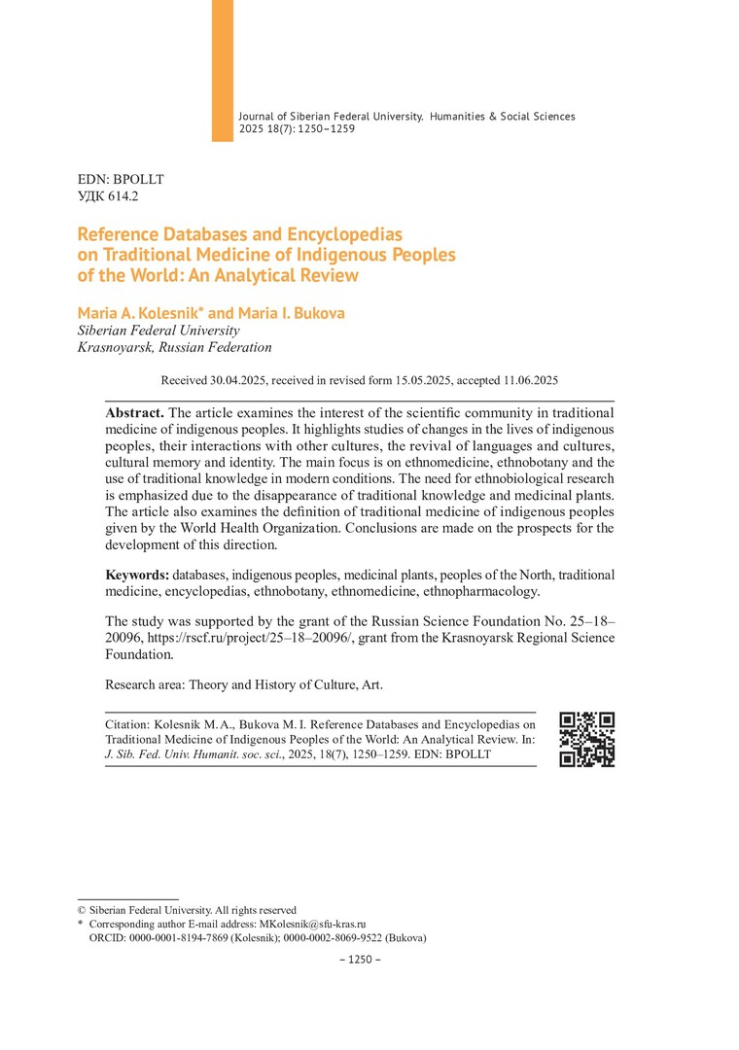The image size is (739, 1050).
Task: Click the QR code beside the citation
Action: tap(588, 740)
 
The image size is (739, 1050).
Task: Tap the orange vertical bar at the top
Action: tap(223, 70)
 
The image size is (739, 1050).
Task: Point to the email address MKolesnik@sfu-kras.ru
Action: tap(312, 924)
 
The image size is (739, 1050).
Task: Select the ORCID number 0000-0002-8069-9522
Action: tap(328, 938)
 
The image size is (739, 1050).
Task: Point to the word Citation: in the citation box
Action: tap(129, 724)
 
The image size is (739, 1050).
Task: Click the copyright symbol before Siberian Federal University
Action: tap(82, 910)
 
